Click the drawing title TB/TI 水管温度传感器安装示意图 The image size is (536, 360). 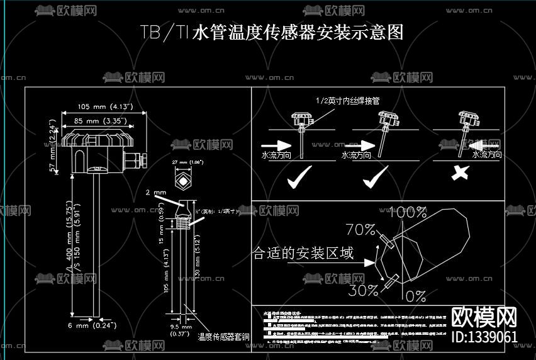tap(271, 33)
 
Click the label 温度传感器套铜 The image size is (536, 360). tap(223, 337)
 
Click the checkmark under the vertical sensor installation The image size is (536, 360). tap(299, 180)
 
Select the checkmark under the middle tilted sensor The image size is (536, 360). tap(377, 180)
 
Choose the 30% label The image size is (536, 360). tap(364, 290)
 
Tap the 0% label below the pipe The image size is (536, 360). tap(415, 296)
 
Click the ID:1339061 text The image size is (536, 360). tap(485, 337)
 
